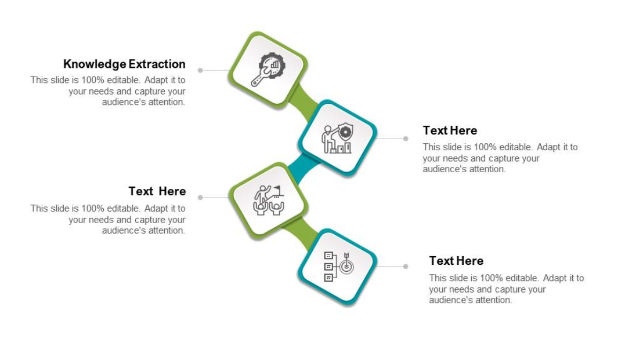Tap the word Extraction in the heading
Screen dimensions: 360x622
coord(157,64)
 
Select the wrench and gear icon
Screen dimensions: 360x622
coord(268,70)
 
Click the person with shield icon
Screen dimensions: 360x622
coord(337,138)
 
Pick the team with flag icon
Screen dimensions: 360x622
coord(268,199)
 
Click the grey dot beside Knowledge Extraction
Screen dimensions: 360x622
coord(200,70)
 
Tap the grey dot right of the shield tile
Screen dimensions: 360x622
coord(406,139)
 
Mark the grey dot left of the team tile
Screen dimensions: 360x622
coord(200,197)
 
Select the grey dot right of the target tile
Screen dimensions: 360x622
coord(406,266)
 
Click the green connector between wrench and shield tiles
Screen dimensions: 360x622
coord(302,99)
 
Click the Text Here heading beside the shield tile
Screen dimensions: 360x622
coord(450,131)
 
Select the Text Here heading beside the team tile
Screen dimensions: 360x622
coord(157,192)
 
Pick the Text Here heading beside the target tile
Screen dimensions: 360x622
coord(456,261)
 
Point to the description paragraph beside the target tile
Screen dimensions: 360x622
coord(506,289)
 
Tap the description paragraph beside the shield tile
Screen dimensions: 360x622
coord(500,158)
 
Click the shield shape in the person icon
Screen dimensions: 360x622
coord(346,131)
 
